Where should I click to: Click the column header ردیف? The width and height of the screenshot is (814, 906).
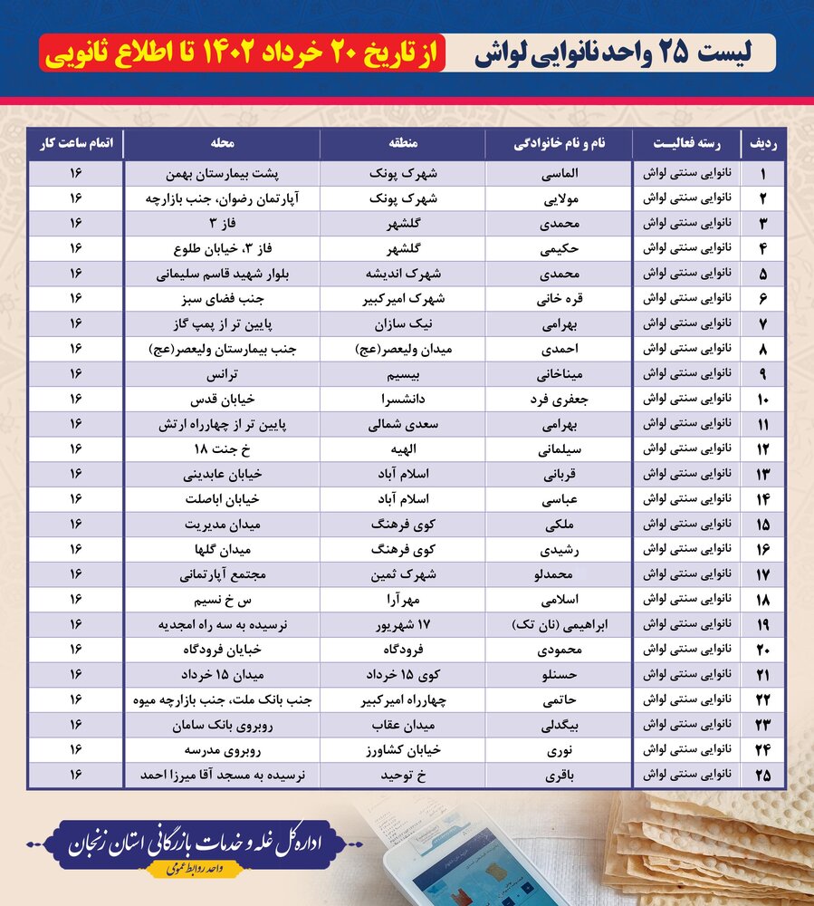[763, 143]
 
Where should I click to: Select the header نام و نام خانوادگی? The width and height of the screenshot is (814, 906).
[559, 143]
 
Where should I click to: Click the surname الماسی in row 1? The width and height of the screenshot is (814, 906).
[559, 172]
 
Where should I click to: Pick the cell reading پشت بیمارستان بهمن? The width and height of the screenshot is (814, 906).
[222, 172]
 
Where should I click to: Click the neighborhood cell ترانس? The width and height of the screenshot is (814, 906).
[222, 373]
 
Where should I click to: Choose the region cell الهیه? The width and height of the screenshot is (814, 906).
[402, 448]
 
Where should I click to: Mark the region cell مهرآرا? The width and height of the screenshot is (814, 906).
[402, 600]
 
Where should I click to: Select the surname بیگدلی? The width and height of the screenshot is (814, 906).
[559, 726]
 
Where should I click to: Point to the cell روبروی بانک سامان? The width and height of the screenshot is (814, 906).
[222, 726]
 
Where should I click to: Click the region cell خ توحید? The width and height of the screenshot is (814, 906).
[402, 776]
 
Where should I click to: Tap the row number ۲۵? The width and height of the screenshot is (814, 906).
[763, 776]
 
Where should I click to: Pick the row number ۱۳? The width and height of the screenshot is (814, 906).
[763, 474]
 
